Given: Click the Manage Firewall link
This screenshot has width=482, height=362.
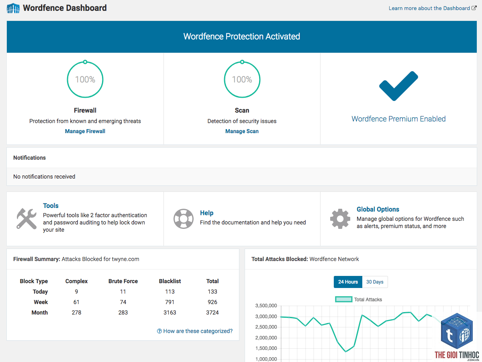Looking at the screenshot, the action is [x=85, y=131].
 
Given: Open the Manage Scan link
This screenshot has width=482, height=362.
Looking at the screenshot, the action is [x=242, y=131].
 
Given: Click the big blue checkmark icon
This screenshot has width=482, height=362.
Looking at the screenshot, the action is [x=398, y=86].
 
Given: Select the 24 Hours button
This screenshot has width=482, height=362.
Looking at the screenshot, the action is [x=348, y=282].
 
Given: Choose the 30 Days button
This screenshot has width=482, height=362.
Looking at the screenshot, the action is [x=375, y=282].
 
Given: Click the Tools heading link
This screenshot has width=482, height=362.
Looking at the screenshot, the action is [x=51, y=206].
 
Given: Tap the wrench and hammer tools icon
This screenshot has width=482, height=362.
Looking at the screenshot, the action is [x=27, y=218].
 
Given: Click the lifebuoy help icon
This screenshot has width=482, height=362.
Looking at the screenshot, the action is [x=183, y=219].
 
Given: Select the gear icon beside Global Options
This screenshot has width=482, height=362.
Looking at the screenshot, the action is [x=340, y=219].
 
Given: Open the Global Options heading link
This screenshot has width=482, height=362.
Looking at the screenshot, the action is [x=378, y=209].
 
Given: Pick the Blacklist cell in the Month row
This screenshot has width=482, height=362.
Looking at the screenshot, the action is [x=170, y=313].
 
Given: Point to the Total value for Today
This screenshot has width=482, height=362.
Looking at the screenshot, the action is [x=212, y=292].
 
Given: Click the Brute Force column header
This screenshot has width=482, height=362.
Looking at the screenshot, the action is [x=123, y=281].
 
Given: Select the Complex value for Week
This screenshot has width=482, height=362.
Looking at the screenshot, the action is [x=76, y=302].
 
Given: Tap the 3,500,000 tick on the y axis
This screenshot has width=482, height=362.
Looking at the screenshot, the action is [x=266, y=306].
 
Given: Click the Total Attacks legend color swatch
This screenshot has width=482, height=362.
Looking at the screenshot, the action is [x=344, y=299].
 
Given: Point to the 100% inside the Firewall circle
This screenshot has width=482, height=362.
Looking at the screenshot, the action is [x=85, y=79].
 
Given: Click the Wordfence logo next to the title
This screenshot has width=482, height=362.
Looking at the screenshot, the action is [x=13, y=8].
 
